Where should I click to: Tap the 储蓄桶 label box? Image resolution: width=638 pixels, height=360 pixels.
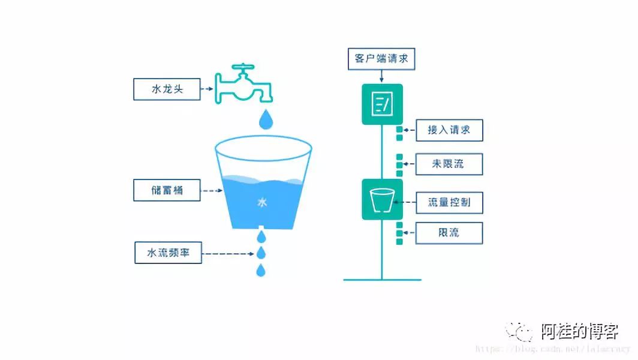(x=167, y=191)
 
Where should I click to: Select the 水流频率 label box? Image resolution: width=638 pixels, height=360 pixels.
(x=167, y=253)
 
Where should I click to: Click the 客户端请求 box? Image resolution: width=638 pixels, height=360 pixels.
(x=381, y=59)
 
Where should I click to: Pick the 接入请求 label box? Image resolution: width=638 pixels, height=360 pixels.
(x=449, y=130)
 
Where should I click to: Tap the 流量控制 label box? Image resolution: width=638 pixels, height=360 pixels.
(x=449, y=202)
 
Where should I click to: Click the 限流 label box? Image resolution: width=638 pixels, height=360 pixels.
(x=449, y=232)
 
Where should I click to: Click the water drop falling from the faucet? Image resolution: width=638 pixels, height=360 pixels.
(x=266, y=120)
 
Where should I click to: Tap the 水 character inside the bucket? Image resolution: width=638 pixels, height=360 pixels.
(x=262, y=203)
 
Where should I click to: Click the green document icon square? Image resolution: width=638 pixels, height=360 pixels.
(x=382, y=104)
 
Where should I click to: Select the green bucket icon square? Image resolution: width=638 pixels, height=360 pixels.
(x=382, y=199)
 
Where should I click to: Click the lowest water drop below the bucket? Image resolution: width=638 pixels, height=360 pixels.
(x=261, y=271)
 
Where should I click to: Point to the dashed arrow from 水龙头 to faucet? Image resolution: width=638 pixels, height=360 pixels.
(x=206, y=89)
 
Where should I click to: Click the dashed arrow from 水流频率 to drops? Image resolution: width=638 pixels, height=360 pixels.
(x=228, y=253)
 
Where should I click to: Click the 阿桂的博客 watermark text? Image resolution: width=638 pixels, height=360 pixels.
(x=579, y=331)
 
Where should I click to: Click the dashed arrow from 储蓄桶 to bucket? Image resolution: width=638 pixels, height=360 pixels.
(x=211, y=191)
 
